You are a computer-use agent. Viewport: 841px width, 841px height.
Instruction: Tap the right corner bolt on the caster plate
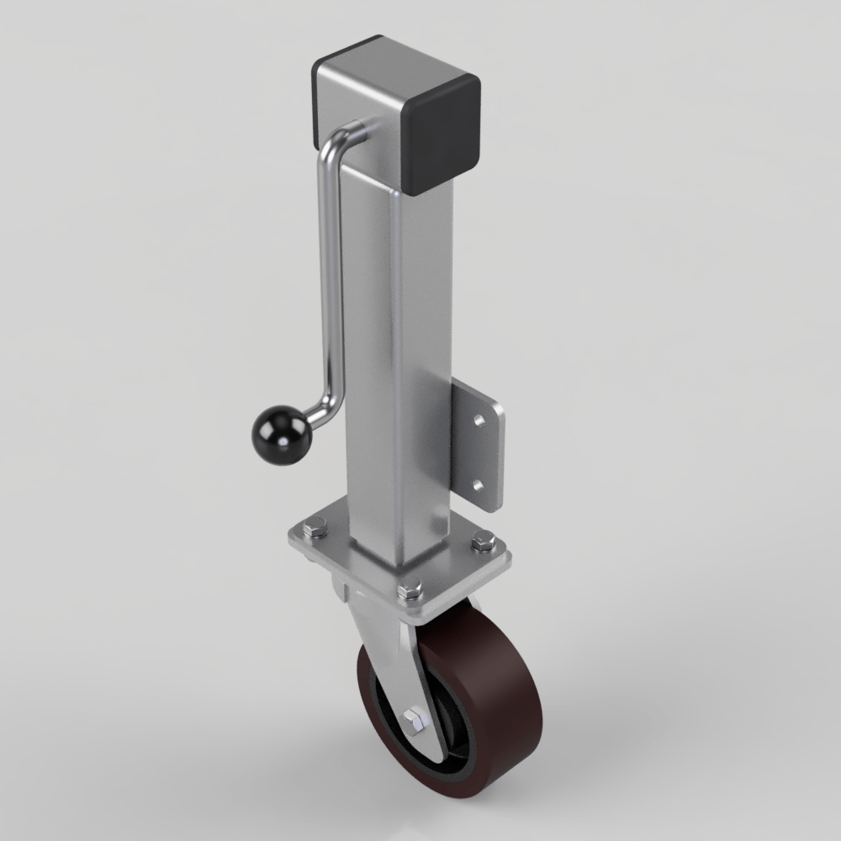pyautogui.click(x=482, y=542)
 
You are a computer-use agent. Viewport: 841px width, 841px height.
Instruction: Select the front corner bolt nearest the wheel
pyautogui.click(x=410, y=591)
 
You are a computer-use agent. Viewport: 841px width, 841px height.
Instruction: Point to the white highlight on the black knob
pyautogui.click(x=271, y=426)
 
